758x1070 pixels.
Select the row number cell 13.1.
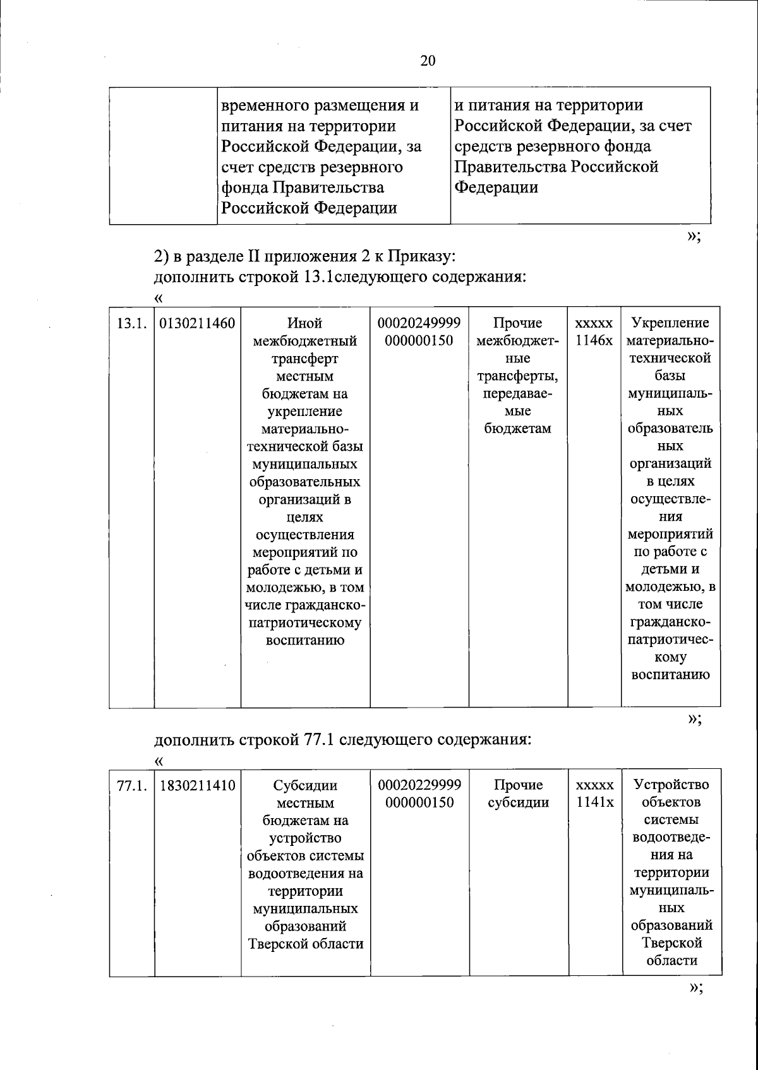click(x=131, y=324)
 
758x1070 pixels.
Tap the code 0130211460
click(x=197, y=324)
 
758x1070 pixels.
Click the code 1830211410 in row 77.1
click(x=197, y=785)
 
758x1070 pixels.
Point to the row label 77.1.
click(x=131, y=785)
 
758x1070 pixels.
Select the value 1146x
click(x=594, y=341)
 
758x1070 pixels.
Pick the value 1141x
click(x=594, y=803)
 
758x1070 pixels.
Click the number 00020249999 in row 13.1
click(x=419, y=323)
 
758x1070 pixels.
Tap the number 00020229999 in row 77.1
click(x=419, y=785)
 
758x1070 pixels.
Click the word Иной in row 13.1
click(x=304, y=323)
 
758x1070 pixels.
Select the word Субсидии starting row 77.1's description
click(x=304, y=786)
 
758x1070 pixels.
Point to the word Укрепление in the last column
click(x=670, y=323)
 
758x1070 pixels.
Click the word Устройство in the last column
click(x=671, y=785)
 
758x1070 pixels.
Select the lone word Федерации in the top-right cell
click(x=496, y=187)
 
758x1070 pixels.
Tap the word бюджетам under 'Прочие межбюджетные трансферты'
click(x=518, y=429)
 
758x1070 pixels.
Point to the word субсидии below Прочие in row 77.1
click(x=518, y=803)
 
